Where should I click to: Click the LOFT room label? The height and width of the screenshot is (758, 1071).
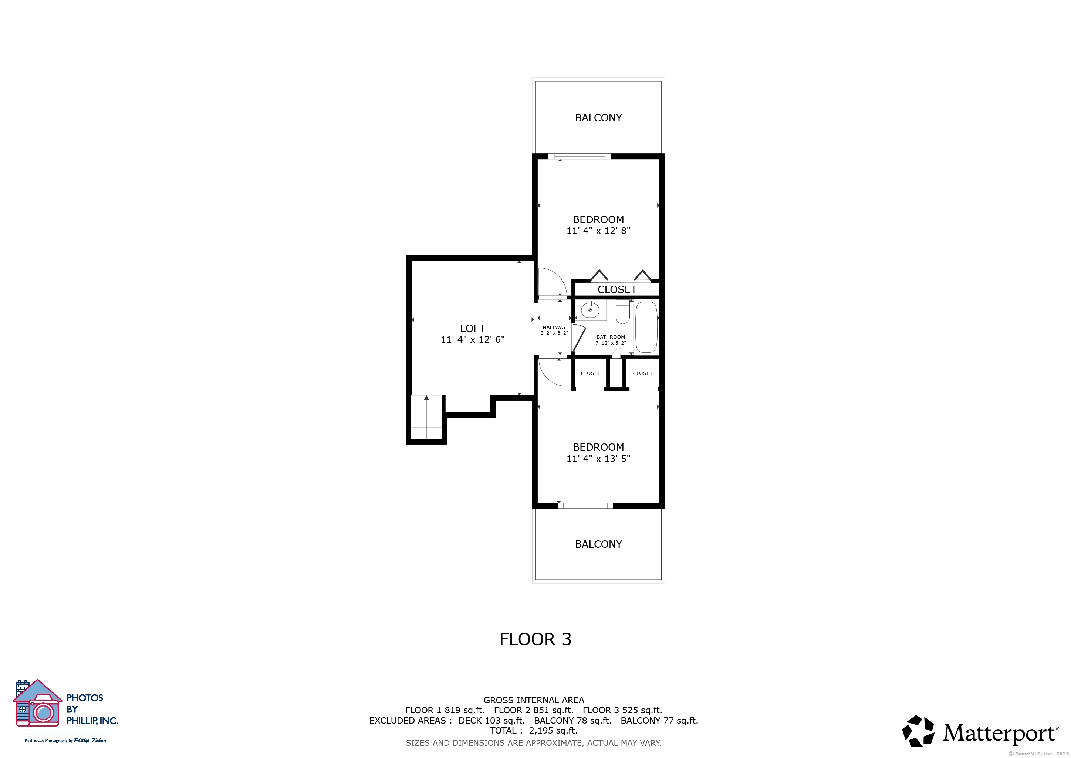(473, 329)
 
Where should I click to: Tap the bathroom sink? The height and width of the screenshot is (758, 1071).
(590, 310)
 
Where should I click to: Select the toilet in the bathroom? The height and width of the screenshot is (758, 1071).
(623, 312)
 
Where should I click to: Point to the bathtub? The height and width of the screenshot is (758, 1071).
(646, 327)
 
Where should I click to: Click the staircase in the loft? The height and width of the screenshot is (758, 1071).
(426, 417)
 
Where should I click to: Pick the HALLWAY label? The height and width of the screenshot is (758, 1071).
(554, 328)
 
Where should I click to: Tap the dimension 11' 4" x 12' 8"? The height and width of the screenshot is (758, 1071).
(598, 231)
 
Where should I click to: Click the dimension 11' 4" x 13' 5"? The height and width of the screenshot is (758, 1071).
(598, 459)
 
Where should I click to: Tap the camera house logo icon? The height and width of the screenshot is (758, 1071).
(38, 703)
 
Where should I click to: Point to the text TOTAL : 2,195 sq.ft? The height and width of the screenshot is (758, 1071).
(534, 731)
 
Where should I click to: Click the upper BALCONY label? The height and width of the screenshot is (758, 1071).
(598, 118)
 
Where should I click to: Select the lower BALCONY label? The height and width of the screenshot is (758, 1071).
(598, 544)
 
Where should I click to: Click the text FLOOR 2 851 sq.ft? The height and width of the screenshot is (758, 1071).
(534, 710)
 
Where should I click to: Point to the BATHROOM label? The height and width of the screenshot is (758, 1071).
(611, 337)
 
